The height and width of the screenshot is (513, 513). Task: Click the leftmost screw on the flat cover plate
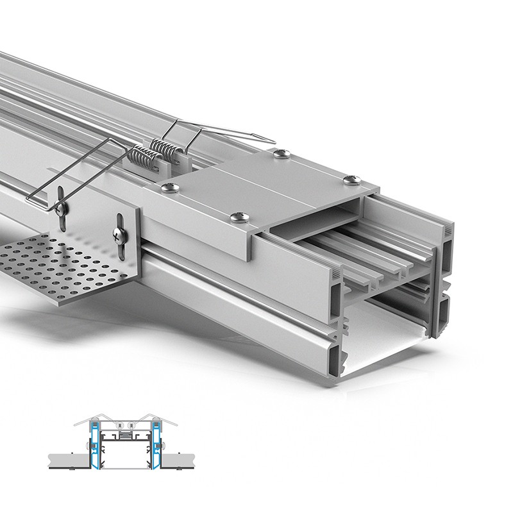(169, 187)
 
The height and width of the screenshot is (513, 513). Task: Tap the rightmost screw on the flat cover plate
(351, 180)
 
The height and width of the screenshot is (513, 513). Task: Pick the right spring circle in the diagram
(131, 425)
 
